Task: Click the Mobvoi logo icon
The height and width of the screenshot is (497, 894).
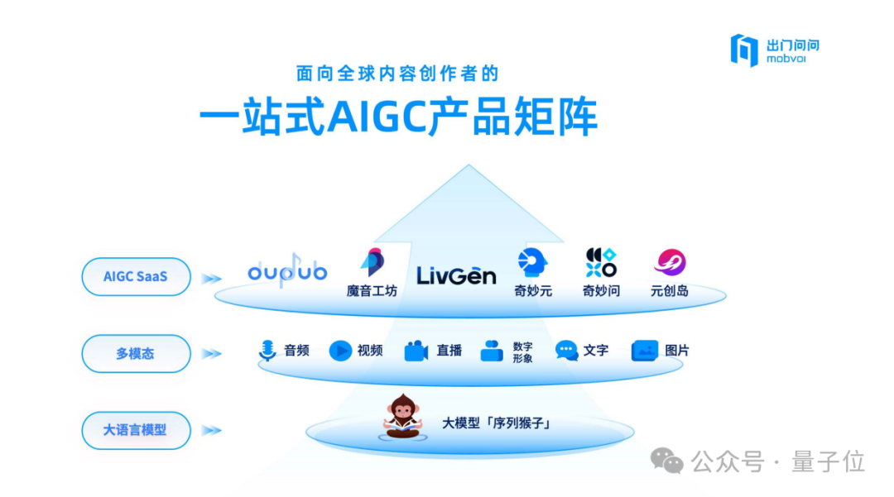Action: click(x=744, y=50)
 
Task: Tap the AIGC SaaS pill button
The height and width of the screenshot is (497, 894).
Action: click(x=136, y=277)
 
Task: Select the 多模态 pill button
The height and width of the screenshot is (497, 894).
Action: click(x=136, y=354)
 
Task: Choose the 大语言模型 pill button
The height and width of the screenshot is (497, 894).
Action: click(x=136, y=430)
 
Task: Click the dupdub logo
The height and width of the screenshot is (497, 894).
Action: click(x=287, y=271)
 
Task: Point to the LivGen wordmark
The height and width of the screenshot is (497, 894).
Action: click(x=456, y=276)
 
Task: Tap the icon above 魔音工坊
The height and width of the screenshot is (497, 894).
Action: click(x=372, y=262)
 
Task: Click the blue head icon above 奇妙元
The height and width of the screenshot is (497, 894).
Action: click(x=532, y=262)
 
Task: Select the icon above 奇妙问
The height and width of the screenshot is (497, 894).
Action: click(x=601, y=262)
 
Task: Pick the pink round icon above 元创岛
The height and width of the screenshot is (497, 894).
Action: click(x=670, y=262)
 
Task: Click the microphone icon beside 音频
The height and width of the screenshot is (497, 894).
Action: click(x=267, y=351)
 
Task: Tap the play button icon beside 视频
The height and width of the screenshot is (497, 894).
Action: click(x=340, y=351)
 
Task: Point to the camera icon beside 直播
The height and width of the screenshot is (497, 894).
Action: click(x=416, y=351)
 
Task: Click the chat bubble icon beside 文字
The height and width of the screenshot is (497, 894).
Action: click(x=567, y=351)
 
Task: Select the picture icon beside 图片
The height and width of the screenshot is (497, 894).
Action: click(x=645, y=351)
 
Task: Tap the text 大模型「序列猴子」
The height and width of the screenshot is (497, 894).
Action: click(x=496, y=423)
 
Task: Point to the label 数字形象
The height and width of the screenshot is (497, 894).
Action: click(x=522, y=351)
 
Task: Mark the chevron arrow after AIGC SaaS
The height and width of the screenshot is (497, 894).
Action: click(x=212, y=279)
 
